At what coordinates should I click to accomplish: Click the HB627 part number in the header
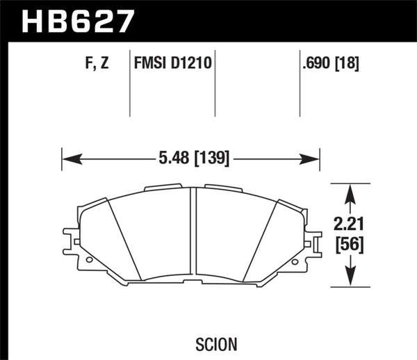[x=77, y=19]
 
